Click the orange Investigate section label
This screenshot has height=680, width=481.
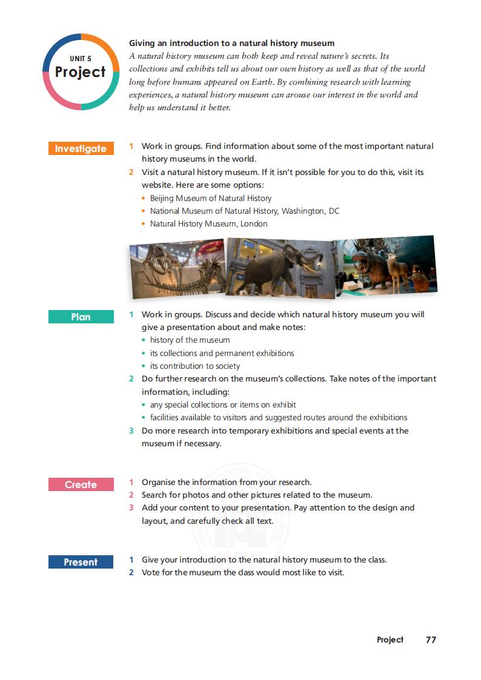point(81,149)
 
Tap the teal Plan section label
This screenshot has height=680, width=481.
point(81,317)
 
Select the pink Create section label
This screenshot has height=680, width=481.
point(81,484)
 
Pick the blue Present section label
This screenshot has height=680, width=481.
point(81,562)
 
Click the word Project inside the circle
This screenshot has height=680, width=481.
point(81,72)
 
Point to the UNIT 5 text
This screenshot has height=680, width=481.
point(81,58)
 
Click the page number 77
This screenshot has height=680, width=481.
point(431,639)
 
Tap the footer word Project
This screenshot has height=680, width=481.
point(390,639)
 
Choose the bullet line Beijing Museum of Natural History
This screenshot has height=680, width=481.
point(210,198)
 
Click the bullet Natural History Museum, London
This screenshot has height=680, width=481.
point(208,223)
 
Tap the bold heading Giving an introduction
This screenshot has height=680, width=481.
point(231,43)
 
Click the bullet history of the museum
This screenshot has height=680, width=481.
point(190,340)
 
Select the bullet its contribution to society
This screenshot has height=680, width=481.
point(194,366)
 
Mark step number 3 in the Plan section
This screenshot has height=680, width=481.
point(131,431)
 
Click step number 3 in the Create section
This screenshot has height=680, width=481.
point(131,507)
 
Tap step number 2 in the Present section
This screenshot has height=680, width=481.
point(131,572)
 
